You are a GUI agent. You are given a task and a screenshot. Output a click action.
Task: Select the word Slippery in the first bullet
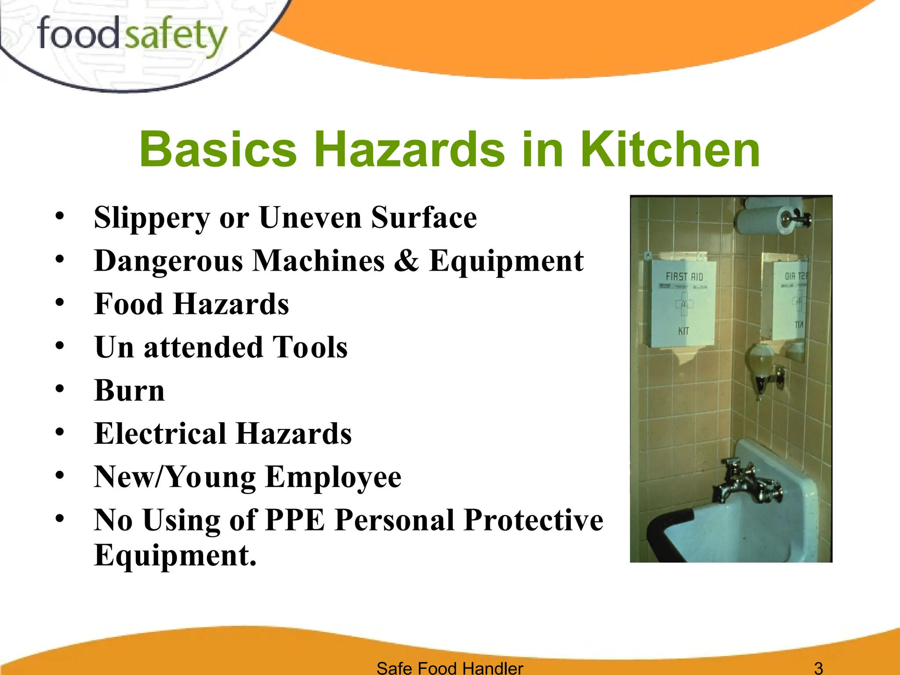[152, 218]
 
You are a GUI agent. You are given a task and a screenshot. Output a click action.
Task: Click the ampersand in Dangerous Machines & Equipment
[406, 261]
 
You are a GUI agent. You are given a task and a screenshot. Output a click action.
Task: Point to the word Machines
[319, 261]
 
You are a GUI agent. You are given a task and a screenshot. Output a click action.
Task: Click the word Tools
[310, 347]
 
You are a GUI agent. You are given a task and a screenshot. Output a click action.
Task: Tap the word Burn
[130, 390]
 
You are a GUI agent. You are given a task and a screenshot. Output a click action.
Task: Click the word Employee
[334, 477]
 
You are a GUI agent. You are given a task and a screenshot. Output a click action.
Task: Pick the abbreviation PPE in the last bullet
[295, 520]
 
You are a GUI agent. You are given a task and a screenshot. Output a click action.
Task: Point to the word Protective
[533, 520]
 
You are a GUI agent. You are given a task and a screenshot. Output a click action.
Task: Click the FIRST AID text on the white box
[684, 276]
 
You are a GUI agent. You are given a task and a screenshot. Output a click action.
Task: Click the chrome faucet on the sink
[747, 483]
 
